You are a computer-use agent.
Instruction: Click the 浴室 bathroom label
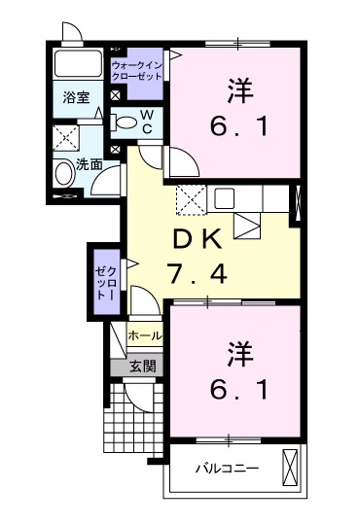(x=75, y=97)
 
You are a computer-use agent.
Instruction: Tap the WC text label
(x=146, y=122)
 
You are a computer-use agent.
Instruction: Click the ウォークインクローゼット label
(x=137, y=69)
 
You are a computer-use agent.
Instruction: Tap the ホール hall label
(x=145, y=335)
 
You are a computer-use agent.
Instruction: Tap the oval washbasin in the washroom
(x=64, y=173)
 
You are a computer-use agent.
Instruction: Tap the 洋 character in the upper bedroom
(x=241, y=93)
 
